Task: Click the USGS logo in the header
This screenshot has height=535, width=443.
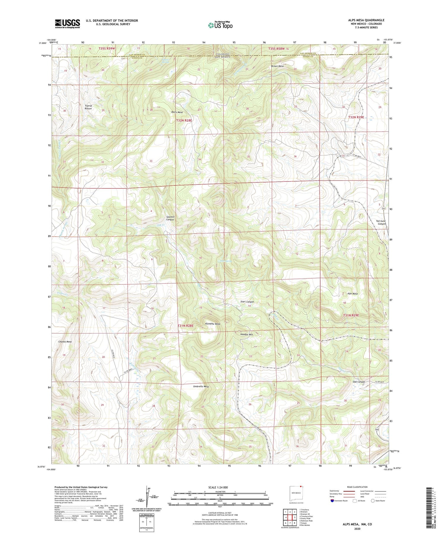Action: click(67, 24)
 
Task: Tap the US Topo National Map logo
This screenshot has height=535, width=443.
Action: click(220, 25)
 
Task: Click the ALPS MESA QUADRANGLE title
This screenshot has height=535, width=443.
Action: click(366, 20)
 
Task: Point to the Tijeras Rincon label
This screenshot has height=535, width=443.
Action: click(88, 107)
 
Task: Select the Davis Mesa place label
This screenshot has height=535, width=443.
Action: click(177, 112)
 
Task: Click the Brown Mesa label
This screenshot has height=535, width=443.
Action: click(277, 66)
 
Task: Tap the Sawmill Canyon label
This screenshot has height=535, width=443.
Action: click(170, 218)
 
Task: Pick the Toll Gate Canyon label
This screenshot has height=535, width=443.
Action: click(381, 222)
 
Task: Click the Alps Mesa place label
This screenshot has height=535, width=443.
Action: click(352, 294)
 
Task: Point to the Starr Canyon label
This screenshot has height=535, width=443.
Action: click(247, 302)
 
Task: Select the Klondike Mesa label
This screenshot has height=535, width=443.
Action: click(213, 324)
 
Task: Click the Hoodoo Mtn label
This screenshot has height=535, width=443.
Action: click(247, 335)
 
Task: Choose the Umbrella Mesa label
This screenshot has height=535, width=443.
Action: click(201, 386)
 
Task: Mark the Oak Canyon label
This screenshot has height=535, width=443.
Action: click(359, 382)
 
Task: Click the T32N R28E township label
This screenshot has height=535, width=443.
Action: click(184, 120)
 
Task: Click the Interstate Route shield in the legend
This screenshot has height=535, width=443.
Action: click(332, 500)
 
